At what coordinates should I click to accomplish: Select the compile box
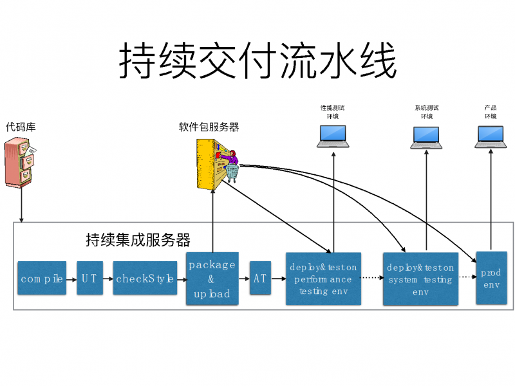[x=42, y=278]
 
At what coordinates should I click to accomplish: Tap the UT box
[x=89, y=278]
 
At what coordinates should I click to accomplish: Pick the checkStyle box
[x=145, y=278]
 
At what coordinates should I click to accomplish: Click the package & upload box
[x=212, y=279]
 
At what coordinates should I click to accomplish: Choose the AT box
[x=260, y=278]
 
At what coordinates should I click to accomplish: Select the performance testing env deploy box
[x=323, y=279]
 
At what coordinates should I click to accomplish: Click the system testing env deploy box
[x=420, y=279]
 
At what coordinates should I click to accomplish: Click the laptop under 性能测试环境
[x=332, y=136]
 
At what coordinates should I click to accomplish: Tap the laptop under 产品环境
[x=491, y=136]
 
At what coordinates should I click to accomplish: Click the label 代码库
[x=21, y=127]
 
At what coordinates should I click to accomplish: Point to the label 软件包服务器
[x=209, y=127]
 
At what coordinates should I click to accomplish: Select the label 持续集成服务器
[x=138, y=240]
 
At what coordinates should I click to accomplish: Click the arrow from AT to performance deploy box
[x=278, y=279]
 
